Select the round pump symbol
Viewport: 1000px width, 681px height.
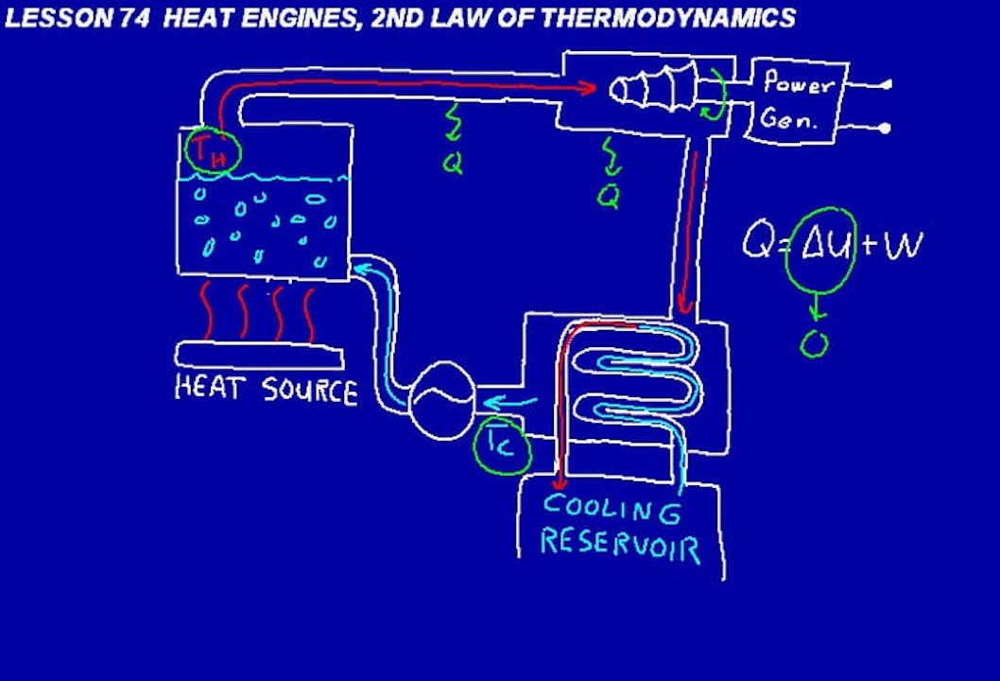[440, 400]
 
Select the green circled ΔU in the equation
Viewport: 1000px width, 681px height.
[820, 244]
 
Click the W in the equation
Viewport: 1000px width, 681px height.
[902, 245]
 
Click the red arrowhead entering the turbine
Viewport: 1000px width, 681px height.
[588, 88]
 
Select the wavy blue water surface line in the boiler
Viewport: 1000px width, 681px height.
[265, 177]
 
